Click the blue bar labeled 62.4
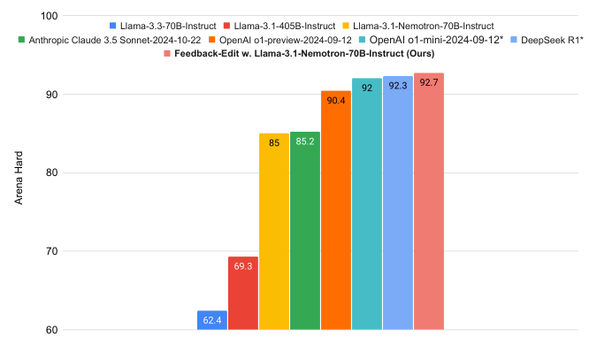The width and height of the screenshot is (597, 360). click(x=212, y=320)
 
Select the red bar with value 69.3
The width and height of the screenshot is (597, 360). click(x=243, y=294)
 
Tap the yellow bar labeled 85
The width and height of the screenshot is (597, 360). click(x=274, y=232)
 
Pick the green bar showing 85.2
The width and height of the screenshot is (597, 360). click(x=305, y=231)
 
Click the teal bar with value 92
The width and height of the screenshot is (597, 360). click(x=367, y=204)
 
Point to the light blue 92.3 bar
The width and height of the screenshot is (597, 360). click(x=398, y=203)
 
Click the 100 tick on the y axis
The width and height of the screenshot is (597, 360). click(x=48, y=17)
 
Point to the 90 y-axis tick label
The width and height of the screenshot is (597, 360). click(x=50, y=95)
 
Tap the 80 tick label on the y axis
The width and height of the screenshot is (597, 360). click(x=50, y=173)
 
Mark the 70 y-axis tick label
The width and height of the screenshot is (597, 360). click(x=50, y=252)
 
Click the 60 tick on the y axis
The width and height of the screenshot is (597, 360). click(x=50, y=330)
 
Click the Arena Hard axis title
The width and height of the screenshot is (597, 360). click(x=19, y=173)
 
